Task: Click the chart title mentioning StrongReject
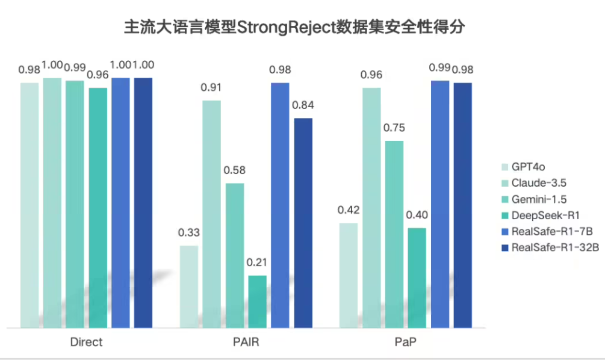294,28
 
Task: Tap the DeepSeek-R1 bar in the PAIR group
258,301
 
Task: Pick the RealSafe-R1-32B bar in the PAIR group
303,223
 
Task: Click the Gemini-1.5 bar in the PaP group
394,234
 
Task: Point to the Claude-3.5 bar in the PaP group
371,208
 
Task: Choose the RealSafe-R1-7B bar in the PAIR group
281,205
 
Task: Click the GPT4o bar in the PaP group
349,275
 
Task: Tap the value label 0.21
258,262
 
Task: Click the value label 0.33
188,232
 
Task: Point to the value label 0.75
394,128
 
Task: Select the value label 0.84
303,105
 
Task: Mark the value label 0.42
349,210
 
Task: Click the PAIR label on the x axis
246,343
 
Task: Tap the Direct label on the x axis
86,343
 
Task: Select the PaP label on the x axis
406,343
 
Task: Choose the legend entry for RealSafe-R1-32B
554,247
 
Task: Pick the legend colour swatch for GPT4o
504,167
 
